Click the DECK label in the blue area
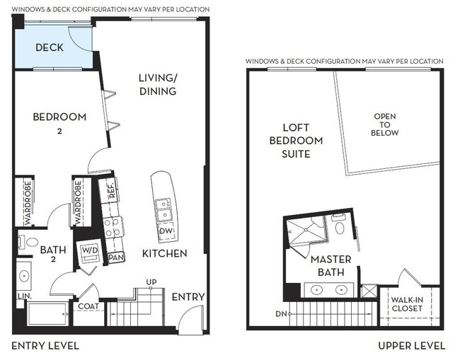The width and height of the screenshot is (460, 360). tap(50, 48)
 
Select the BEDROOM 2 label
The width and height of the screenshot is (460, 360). tap(60, 122)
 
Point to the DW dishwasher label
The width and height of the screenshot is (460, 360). tap(164, 231)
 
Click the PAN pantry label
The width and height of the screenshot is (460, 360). tap(116, 258)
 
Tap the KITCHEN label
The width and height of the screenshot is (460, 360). tap(164, 253)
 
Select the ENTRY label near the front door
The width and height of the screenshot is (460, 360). tap(188, 296)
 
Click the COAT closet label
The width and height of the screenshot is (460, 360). tap(88, 306)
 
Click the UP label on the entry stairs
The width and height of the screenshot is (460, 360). tap(151, 282)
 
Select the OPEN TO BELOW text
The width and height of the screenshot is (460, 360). tap(385, 124)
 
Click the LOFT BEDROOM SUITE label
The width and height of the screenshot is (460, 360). tap(297, 140)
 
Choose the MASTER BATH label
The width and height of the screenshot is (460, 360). tap(330, 266)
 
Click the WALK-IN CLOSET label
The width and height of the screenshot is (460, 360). tap(407, 304)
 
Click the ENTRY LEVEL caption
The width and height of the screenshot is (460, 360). tap(45, 346)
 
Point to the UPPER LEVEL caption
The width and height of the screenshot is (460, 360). tap(411, 346)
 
